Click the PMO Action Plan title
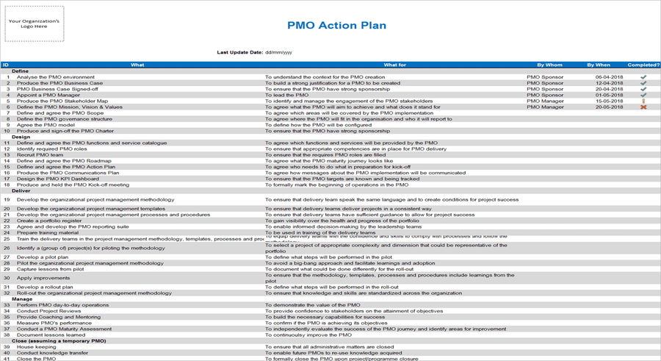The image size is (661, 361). click(336, 25)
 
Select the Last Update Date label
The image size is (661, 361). click(239, 52)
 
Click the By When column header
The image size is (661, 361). click(599, 65)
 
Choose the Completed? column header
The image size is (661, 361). click(643, 65)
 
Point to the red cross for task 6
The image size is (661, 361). click(643, 107)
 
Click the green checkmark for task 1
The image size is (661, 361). click(643, 77)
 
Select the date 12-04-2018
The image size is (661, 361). click(610, 83)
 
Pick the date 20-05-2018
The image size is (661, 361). click(610, 107)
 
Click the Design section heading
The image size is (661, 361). click(21, 137)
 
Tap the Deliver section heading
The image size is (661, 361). click(22, 190)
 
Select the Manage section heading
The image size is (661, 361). click(23, 299)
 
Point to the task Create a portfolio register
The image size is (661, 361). click(49, 221)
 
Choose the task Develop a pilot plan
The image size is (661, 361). click(43, 257)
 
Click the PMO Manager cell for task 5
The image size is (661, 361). click(545, 101)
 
